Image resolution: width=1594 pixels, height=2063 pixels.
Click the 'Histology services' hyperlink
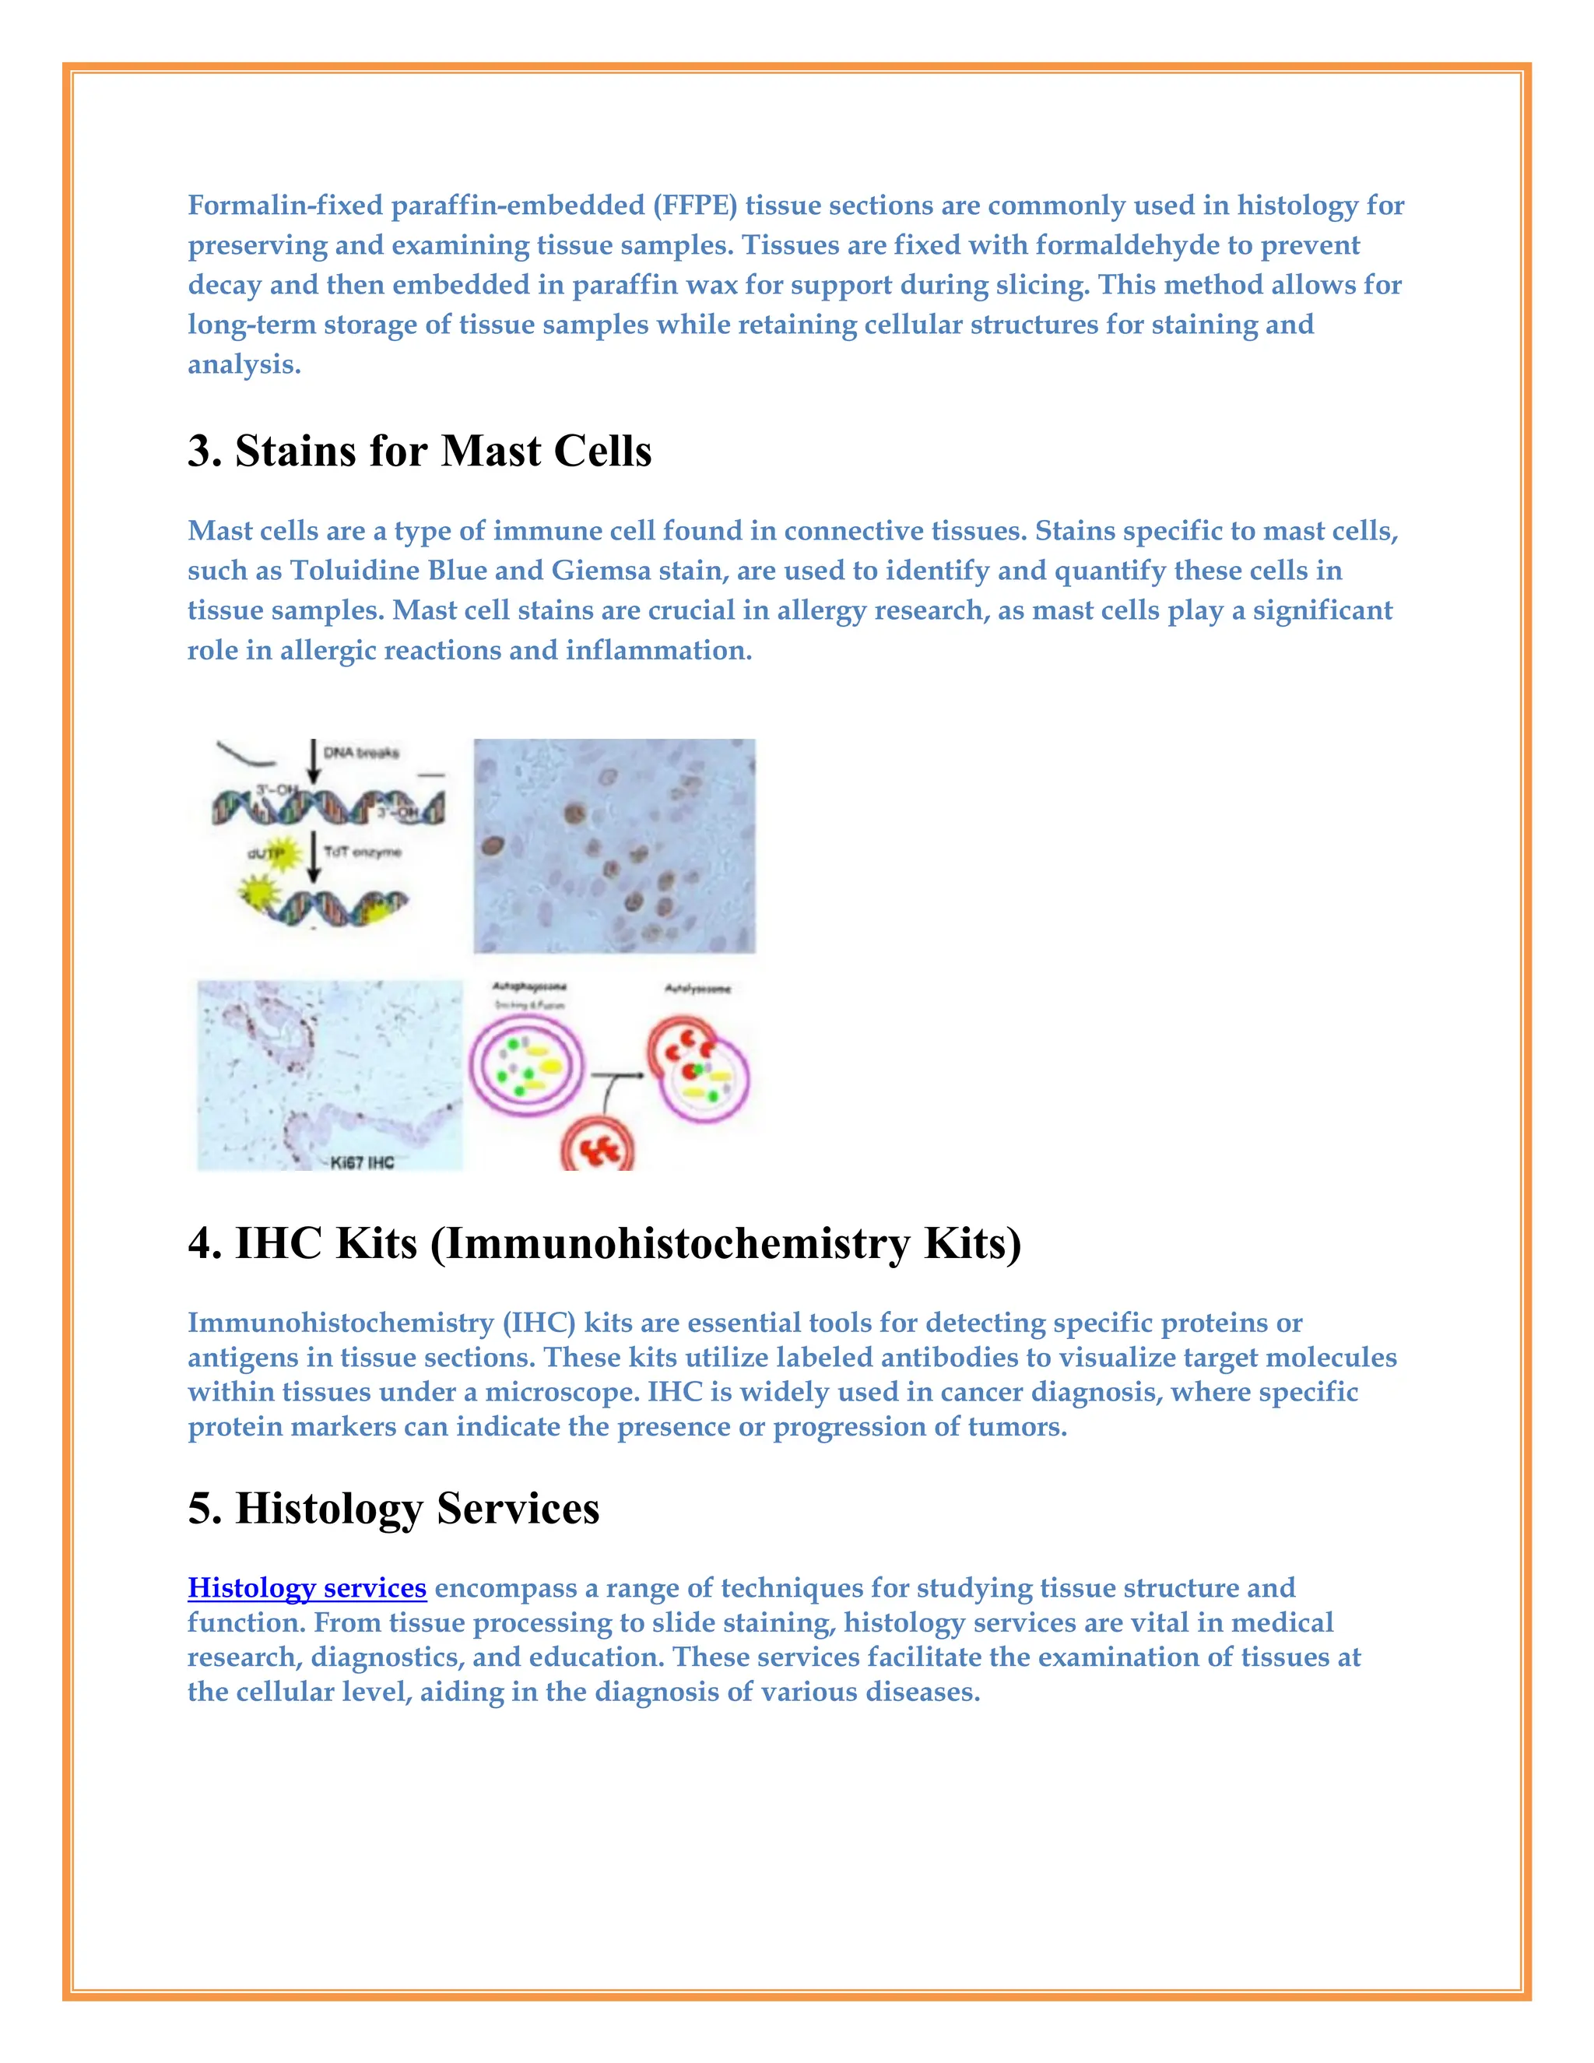click(307, 1588)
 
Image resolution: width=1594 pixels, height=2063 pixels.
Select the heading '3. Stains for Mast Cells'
click(420, 451)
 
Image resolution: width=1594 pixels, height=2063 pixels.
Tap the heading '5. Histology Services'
click(393, 1509)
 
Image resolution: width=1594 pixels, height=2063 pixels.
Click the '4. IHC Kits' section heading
click(604, 1243)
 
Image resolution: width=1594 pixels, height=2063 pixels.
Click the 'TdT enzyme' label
click(362, 852)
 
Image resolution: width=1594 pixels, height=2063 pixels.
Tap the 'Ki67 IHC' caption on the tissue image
click(362, 1162)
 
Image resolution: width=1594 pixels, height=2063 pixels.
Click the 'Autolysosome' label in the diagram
click(698, 989)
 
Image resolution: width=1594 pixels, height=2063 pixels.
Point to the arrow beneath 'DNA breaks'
click(314, 761)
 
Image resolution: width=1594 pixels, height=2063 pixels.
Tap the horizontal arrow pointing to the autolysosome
click(616, 1075)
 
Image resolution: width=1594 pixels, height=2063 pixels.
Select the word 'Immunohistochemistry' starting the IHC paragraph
click(341, 1323)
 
